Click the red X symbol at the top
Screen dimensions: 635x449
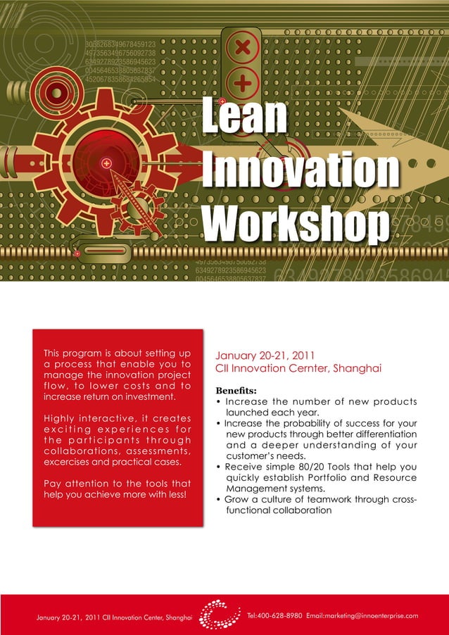click(243, 49)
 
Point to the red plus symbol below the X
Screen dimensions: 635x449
click(243, 84)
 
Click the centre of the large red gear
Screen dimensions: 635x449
click(106, 163)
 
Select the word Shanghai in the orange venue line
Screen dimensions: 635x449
click(357, 368)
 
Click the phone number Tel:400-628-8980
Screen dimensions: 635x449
click(275, 616)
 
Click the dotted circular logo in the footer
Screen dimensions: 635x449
click(218, 614)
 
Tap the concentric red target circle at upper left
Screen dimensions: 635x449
click(55, 92)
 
